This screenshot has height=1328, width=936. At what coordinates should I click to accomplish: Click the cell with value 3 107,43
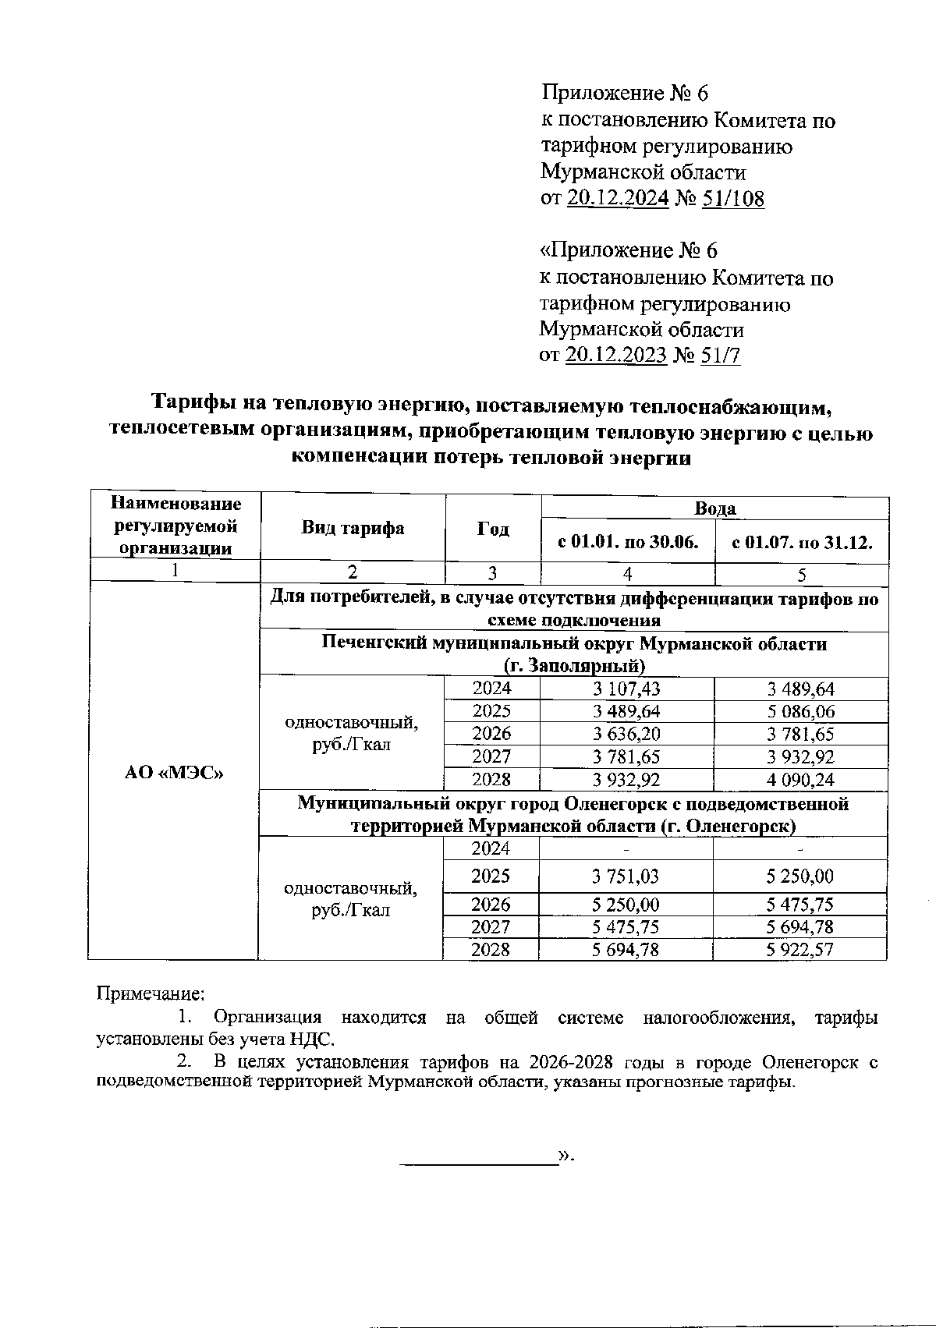[x=626, y=689]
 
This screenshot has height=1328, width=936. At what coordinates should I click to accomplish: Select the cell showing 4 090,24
[x=801, y=779]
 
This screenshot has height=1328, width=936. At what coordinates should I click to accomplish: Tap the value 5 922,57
[x=799, y=949]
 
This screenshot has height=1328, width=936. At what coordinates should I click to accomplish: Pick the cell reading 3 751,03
[x=625, y=876]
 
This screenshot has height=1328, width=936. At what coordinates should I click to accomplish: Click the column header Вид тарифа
[x=353, y=528]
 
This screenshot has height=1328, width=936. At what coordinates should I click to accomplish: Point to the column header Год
[x=493, y=529]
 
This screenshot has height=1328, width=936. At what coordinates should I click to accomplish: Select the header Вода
[x=714, y=508]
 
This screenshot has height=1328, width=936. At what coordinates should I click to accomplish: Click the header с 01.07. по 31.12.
[x=801, y=542]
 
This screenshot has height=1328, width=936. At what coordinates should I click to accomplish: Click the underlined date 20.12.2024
[x=618, y=199]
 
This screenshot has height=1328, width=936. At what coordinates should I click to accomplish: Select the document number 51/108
[x=733, y=199]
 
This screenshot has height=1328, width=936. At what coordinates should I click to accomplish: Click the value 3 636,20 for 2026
[x=626, y=734]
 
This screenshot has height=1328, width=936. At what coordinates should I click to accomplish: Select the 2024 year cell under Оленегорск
[x=491, y=848]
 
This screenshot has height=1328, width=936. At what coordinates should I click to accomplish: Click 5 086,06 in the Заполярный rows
[x=801, y=711]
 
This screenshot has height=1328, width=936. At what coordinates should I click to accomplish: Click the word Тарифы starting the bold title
[x=188, y=403]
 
